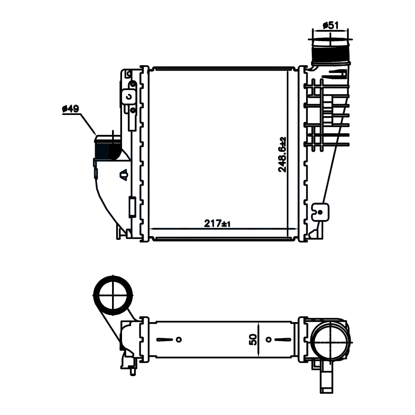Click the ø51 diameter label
point(331,26)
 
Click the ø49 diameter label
point(71,108)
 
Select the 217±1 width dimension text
point(217,223)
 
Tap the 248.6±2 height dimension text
point(282,155)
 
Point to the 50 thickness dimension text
point(253,339)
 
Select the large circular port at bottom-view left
point(113,295)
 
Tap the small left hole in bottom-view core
point(179,339)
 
